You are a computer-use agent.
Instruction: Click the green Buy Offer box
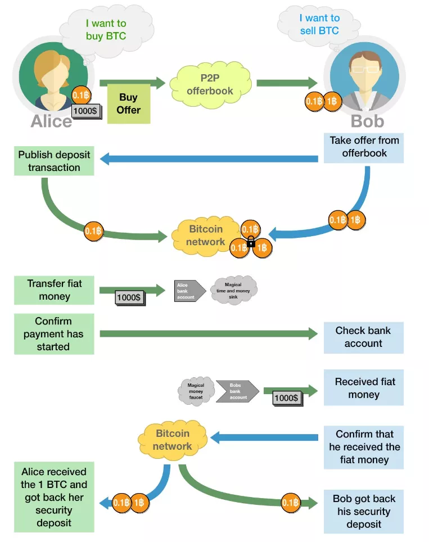(129, 103)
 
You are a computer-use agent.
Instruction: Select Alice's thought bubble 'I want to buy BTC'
(106, 30)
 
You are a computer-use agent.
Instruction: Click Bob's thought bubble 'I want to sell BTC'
(319, 25)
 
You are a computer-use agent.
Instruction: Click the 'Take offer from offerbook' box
(364, 147)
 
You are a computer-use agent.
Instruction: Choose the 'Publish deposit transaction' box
(54, 161)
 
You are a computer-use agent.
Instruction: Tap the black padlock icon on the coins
(251, 243)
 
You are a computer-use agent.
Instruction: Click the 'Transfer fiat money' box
(54, 290)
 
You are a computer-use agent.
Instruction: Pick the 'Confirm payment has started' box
(54, 334)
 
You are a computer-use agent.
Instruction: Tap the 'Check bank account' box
(363, 337)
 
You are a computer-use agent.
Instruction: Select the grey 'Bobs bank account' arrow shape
(237, 391)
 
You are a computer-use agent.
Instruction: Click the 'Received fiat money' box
(363, 388)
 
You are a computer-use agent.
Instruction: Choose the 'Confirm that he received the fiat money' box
(363, 447)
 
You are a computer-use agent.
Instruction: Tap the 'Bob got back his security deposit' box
(363, 512)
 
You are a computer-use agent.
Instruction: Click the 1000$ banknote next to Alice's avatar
(86, 111)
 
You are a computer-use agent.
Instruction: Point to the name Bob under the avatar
(367, 121)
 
